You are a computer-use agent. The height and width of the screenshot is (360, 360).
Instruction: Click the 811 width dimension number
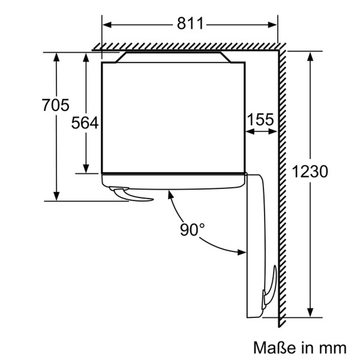pos(190,23)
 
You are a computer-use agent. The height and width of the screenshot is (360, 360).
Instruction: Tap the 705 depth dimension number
pos(55,105)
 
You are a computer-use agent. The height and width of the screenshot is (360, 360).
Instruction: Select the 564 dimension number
pos(85,123)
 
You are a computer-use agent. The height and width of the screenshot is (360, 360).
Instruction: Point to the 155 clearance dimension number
pos(261,119)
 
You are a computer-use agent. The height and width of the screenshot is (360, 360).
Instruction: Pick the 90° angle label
pos(192,229)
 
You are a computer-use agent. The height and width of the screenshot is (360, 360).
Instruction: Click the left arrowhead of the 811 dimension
pos(107,25)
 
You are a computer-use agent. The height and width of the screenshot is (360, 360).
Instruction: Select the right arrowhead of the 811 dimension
pos(272,25)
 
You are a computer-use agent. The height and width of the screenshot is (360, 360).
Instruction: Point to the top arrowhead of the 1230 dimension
pos(310,57)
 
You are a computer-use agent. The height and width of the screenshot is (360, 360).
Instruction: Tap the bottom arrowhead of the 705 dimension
pos(56,196)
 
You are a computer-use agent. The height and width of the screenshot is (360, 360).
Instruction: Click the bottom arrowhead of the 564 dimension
pos(86,169)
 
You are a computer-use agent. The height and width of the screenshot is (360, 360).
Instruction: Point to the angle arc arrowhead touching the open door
pos(241,253)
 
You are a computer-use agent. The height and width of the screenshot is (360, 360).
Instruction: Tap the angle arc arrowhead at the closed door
pos(170,194)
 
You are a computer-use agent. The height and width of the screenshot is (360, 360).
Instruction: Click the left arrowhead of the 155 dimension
pos(250,131)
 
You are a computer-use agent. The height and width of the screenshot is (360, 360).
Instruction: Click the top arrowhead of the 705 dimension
pos(56,57)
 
